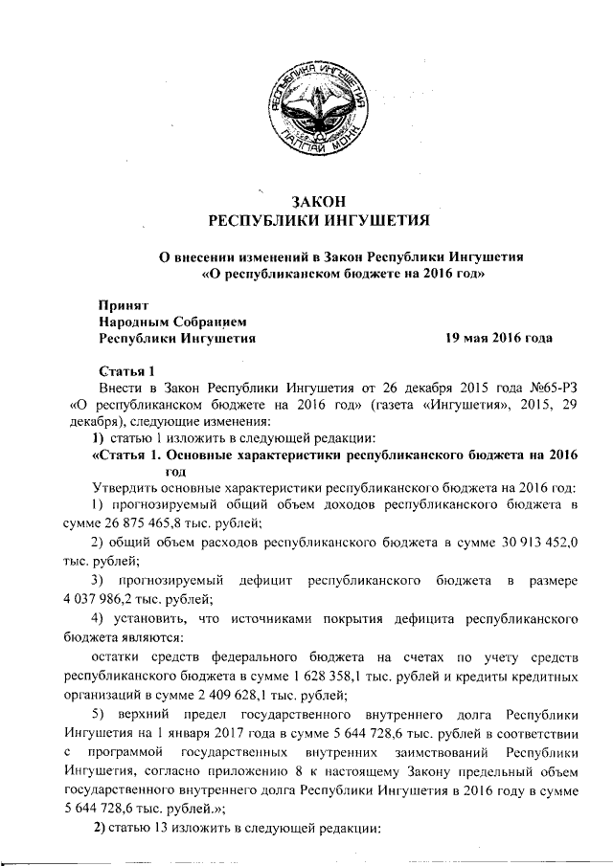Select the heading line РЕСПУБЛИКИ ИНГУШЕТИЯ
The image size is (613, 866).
pyautogui.click(x=315, y=222)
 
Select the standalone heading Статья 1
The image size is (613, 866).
pyautogui.click(x=126, y=372)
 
